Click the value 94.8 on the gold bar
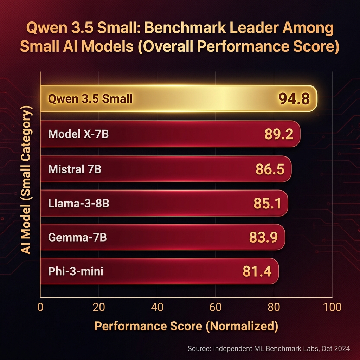pos(294,99)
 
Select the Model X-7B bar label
pos(78,134)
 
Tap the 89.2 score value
pos(278,134)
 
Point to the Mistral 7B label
pos(75,169)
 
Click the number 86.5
pos(270,169)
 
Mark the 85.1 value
pos(267,204)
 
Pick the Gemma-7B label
pos(77,238)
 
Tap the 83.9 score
pos(263,238)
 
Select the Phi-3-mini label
pos(76,271)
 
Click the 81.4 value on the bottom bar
pos(257,271)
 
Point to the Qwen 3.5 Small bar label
pos(90,99)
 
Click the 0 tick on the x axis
pos(40,307)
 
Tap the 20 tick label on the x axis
pos(99,307)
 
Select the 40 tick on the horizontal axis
pos(157,307)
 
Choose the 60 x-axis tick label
pos(215,307)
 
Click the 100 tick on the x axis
pos(332,307)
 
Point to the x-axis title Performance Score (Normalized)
pos(186,326)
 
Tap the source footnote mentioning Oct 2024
pos(270,349)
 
